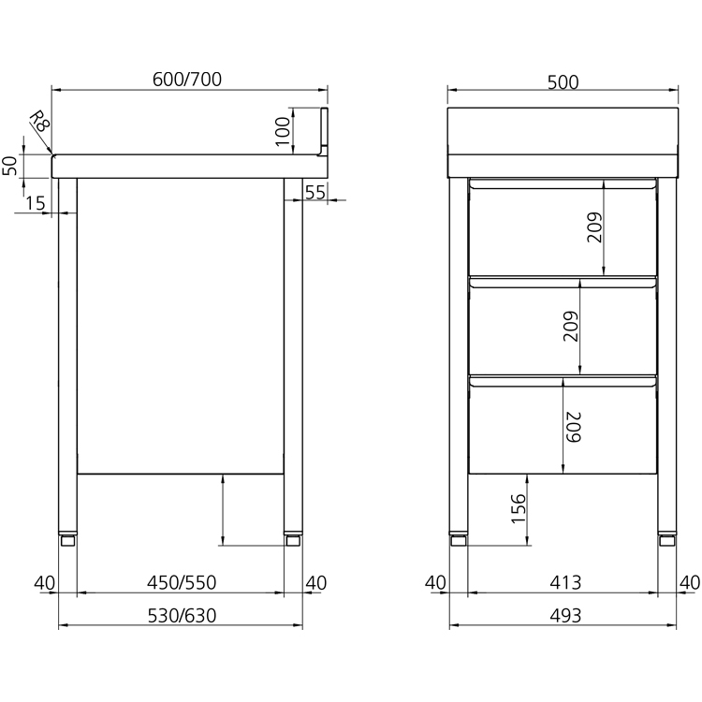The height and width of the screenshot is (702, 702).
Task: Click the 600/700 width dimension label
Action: coord(186,80)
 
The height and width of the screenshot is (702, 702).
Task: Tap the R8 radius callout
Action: coord(39,121)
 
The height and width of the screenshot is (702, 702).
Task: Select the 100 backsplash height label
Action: coord(283,131)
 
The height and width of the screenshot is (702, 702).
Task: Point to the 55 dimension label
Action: coord(314,193)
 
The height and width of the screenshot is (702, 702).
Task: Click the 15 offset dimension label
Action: coord(35,203)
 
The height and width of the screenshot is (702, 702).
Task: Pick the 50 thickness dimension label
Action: coord(10,166)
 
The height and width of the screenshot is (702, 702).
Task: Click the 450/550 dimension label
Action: coord(182,582)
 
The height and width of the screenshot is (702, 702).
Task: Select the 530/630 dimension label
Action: coord(182,616)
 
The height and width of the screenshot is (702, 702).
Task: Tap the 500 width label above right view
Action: coord(563,82)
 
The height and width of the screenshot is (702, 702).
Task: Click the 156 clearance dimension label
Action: coord(518,508)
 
